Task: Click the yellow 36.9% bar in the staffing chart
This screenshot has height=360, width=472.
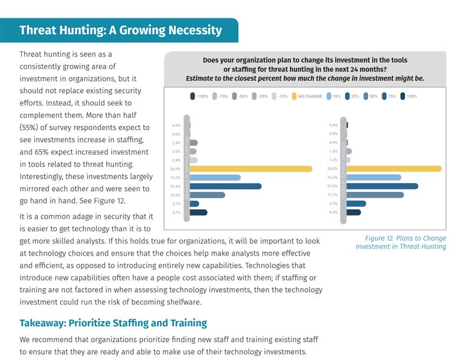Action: [x=251, y=169]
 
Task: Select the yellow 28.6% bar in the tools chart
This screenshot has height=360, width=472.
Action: [x=394, y=169]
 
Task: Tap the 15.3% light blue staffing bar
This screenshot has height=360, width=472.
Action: [x=215, y=178]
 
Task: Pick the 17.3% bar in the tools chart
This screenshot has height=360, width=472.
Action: [x=375, y=195]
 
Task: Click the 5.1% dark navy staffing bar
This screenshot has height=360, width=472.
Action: [x=198, y=212]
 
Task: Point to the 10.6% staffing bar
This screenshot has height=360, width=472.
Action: [x=207, y=195]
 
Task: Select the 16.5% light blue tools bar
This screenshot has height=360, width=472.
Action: [x=374, y=178]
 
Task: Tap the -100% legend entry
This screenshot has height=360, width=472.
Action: [x=200, y=96]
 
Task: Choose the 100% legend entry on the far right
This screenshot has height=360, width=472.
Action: [x=408, y=96]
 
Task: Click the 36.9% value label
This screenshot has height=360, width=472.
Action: [x=176, y=169]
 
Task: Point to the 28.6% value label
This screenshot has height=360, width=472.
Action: [x=334, y=169]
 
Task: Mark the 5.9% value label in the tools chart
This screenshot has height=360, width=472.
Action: [x=334, y=204]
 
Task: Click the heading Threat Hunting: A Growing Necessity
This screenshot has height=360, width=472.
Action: [x=120, y=30]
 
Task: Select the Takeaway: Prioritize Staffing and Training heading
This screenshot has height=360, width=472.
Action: [x=113, y=323]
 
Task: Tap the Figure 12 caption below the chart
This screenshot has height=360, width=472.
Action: [x=401, y=243]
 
